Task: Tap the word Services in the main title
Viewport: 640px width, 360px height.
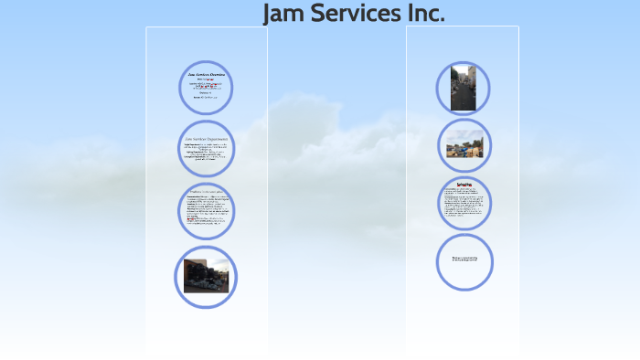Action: [x=353, y=14]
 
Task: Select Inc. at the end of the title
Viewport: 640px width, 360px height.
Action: [x=425, y=14]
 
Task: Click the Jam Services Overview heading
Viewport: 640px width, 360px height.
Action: [x=206, y=73]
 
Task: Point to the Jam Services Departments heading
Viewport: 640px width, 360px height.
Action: [x=207, y=138]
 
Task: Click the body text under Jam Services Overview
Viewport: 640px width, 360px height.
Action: [x=206, y=90]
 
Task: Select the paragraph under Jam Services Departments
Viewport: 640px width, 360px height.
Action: [x=205, y=153]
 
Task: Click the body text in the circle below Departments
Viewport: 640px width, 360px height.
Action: [x=206, y=212]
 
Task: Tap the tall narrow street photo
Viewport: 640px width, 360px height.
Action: [x=464, y=88]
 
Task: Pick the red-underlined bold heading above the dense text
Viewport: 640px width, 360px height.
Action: [x=464, y=185]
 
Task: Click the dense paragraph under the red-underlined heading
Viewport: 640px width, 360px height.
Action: [x=464, y=206]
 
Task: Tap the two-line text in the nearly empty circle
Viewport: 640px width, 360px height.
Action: [x=464, y=259]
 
